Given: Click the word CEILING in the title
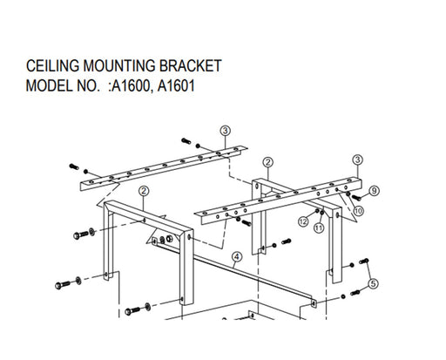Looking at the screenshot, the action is (52, 65).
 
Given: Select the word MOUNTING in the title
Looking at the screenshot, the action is (119, 65).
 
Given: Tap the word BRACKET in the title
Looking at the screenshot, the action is (191, 65).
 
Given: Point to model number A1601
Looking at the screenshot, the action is (176, 86).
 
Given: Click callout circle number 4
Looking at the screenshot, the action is (237, 257).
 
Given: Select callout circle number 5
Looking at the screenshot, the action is (374, 283).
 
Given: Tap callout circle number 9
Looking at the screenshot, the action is (374, 191).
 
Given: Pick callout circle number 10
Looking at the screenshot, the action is (358, 210).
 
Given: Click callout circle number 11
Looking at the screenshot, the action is (319, 228).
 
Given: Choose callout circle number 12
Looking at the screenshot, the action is (303, 221).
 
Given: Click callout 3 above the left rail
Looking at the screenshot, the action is (226, 131).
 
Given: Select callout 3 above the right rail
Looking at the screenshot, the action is (357, 160).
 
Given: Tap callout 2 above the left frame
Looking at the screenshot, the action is (144, 191).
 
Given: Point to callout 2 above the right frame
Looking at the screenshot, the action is (268, 162).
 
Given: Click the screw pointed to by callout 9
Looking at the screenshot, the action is (356, 198).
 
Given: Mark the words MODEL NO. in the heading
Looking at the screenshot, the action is (63, 86).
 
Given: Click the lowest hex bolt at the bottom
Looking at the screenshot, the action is (132, 311).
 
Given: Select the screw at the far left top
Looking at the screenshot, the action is (74, 166).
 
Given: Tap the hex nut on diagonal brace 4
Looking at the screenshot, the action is (170, 239).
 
